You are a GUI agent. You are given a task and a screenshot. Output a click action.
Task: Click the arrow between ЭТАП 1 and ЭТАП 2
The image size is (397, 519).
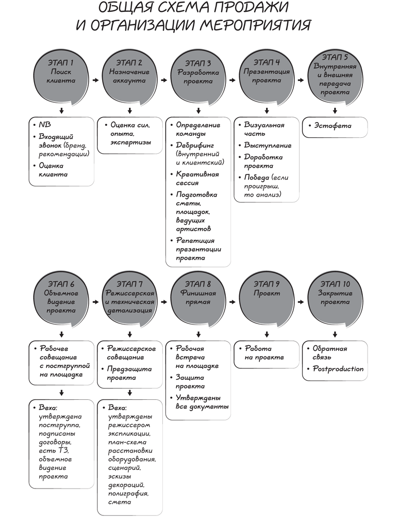95,80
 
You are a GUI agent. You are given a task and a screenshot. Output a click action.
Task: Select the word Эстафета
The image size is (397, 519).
332,125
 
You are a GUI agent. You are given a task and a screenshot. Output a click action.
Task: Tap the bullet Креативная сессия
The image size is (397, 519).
197,179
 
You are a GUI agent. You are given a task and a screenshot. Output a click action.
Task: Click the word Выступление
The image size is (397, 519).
267,145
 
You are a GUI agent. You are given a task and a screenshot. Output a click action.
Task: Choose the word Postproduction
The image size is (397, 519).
338,369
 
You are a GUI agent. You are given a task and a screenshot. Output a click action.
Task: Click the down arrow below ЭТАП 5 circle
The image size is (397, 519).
335,110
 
